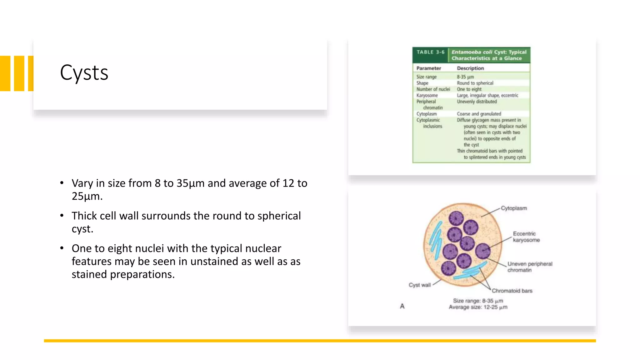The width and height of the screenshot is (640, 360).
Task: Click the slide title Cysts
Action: point(84,73)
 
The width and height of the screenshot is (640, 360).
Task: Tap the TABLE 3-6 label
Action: point(430,52)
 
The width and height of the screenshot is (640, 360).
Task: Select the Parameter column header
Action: point(428,68)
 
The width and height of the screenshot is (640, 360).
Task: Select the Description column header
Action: point(470,68)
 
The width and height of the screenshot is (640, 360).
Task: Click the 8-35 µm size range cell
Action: point(465,77)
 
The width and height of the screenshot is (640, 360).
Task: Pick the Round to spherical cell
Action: point(475,83)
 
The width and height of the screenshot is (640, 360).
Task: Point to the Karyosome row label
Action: point(427,95)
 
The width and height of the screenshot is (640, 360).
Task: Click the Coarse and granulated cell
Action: point(479,114)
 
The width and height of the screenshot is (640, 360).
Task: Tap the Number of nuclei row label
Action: point(433,89)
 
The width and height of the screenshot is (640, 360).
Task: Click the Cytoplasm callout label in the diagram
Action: point(514,208)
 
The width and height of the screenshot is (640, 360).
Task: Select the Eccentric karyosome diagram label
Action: point(526,237)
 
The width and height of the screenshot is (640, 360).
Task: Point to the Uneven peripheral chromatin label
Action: point(529,267)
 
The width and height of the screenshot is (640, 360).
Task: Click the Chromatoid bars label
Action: point(512,291)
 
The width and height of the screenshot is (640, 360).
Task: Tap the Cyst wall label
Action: point(419,285)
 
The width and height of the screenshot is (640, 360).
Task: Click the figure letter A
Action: point(402,306)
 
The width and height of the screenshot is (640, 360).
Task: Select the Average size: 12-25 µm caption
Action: point(478,307)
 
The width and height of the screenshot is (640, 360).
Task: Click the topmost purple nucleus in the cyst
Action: point(456,218)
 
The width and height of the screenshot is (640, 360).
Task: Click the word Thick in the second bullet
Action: point(84,216)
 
